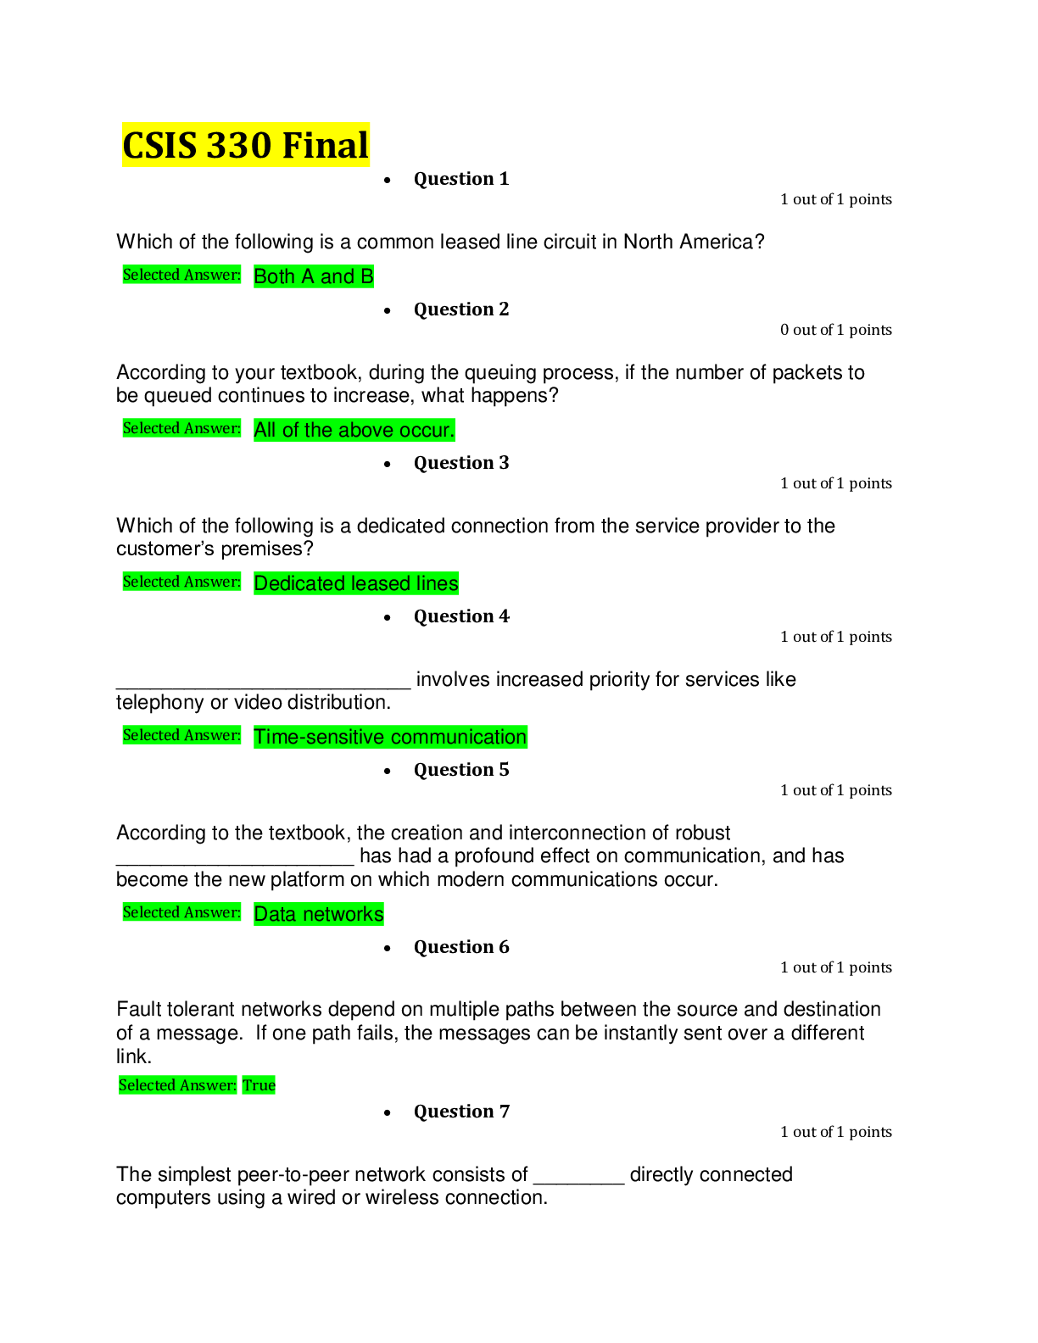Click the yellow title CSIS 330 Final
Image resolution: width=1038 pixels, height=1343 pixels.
(x=245, y=145)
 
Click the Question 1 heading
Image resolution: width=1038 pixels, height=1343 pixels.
(x=461, y=179)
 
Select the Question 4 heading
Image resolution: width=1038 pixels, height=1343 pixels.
(x=461, y=616)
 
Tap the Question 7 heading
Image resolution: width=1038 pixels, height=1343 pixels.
(x=462, y=1112)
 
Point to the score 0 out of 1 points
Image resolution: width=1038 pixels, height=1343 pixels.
(x=836, y=330)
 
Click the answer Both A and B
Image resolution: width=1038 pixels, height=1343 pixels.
(x=314, y=276)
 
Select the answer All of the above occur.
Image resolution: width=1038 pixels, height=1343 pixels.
(x=354, y=430)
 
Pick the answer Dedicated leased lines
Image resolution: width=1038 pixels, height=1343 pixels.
(x=356, y=582)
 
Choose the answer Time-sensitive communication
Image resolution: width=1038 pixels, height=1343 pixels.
(x=390, y=737)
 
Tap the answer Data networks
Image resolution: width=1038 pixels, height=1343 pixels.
(x=318, y=913)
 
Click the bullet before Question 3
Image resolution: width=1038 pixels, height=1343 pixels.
(x=387, y=464)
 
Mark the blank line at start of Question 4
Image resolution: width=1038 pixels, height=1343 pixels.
(x=264, y=687)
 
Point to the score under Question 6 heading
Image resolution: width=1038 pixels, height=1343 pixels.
(x=836, y=967)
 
